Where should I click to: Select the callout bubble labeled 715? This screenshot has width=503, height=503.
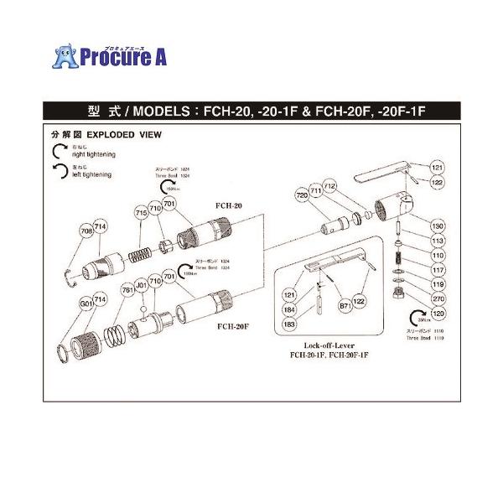(x=141, y=215)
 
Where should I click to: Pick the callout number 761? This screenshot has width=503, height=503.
(x=127, y=291)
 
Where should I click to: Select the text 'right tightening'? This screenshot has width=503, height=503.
(x=95, y=155)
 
